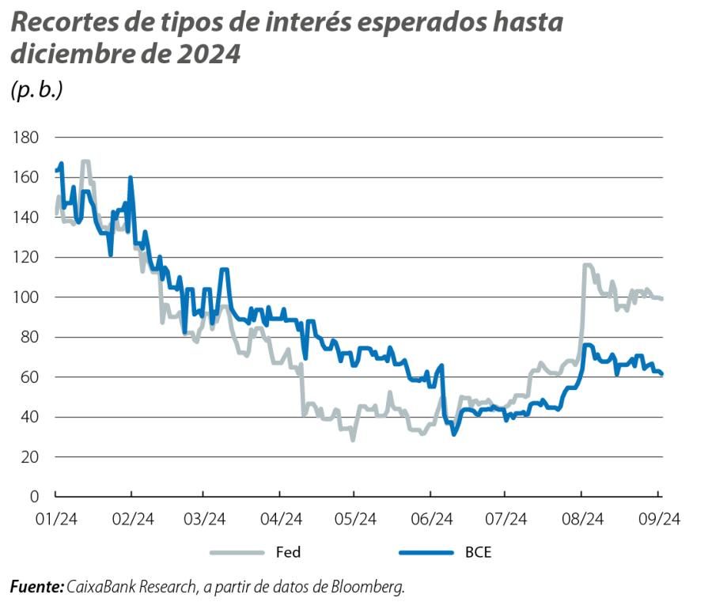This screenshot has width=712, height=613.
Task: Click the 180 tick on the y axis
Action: [25, 138]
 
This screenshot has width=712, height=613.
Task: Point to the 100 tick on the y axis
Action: [25, 297]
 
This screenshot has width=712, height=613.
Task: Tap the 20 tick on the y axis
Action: [29, 457]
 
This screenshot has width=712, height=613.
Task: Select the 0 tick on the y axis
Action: [33, 497]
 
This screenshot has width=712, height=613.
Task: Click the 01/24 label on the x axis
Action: [55, 519]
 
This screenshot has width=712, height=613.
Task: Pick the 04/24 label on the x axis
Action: [281, 519]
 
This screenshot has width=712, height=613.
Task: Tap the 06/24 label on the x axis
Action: [431, 519]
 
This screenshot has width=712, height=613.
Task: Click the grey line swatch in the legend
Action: [237, 552]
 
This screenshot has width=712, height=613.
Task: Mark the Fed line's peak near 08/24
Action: [586, 266]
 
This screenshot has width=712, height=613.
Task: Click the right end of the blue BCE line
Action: [661, 374]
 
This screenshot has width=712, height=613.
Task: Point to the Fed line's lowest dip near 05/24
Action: [353, 439]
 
